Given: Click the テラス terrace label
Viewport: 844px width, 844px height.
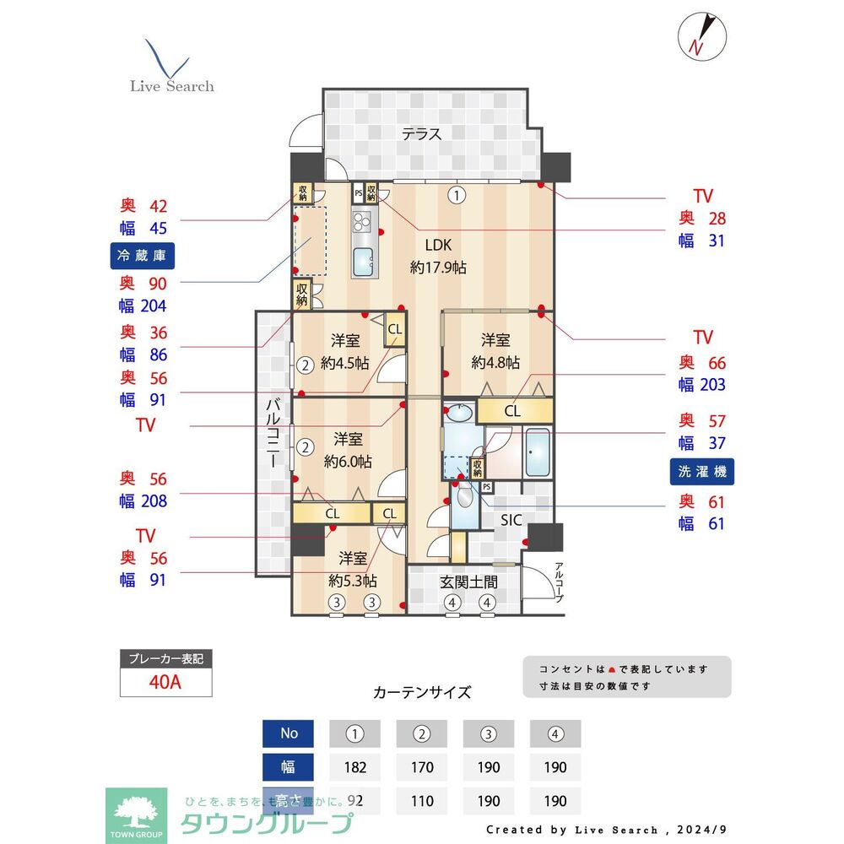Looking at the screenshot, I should [421, 133].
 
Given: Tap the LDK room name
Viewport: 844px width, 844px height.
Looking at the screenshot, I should [439, 246].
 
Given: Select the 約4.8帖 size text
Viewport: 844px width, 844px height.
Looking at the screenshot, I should [495, 363].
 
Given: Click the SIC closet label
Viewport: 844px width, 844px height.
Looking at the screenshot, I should [511, 520].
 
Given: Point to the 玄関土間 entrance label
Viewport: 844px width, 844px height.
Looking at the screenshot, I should [468, 582].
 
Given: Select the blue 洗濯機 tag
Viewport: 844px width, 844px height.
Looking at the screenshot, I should [701, 471].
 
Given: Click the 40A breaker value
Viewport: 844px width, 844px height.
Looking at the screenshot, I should [165, 682].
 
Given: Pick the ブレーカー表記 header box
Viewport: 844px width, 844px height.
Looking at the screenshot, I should [165, 658].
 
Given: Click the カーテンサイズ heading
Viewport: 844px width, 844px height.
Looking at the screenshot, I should [421, 692].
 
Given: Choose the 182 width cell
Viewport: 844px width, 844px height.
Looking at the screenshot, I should [354, 767].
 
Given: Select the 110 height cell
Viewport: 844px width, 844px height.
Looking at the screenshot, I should [421, 800].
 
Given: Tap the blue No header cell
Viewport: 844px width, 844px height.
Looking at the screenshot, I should [289, 733].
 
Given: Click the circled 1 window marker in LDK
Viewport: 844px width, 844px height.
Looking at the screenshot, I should [457, 196].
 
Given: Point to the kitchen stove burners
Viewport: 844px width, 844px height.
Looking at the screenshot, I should [363, 223].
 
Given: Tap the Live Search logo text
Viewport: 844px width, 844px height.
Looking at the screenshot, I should [171, 86].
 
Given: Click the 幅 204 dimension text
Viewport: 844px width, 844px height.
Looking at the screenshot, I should [143, 306].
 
